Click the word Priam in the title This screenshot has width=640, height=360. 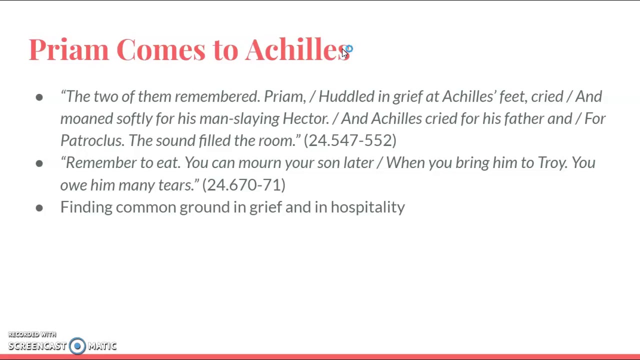(68, 49)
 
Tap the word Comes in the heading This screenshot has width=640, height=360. (160, 49)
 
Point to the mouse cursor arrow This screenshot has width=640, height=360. (344, 53)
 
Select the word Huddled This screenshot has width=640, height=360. (346, 96)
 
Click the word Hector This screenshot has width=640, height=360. (305, 118)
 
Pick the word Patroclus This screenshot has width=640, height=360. (91, 140)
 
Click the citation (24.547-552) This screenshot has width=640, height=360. (350, 140)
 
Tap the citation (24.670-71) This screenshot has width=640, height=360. (243, 185)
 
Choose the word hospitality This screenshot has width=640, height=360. (367, 207)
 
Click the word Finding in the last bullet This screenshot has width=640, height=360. (86, 207)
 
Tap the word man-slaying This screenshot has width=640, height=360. (239, 118)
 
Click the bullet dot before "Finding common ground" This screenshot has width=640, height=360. (39, 207)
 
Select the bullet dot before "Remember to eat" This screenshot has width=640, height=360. (39, 163)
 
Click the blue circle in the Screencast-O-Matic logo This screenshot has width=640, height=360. (77, 346)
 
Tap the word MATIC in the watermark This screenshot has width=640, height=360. (102, 346)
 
